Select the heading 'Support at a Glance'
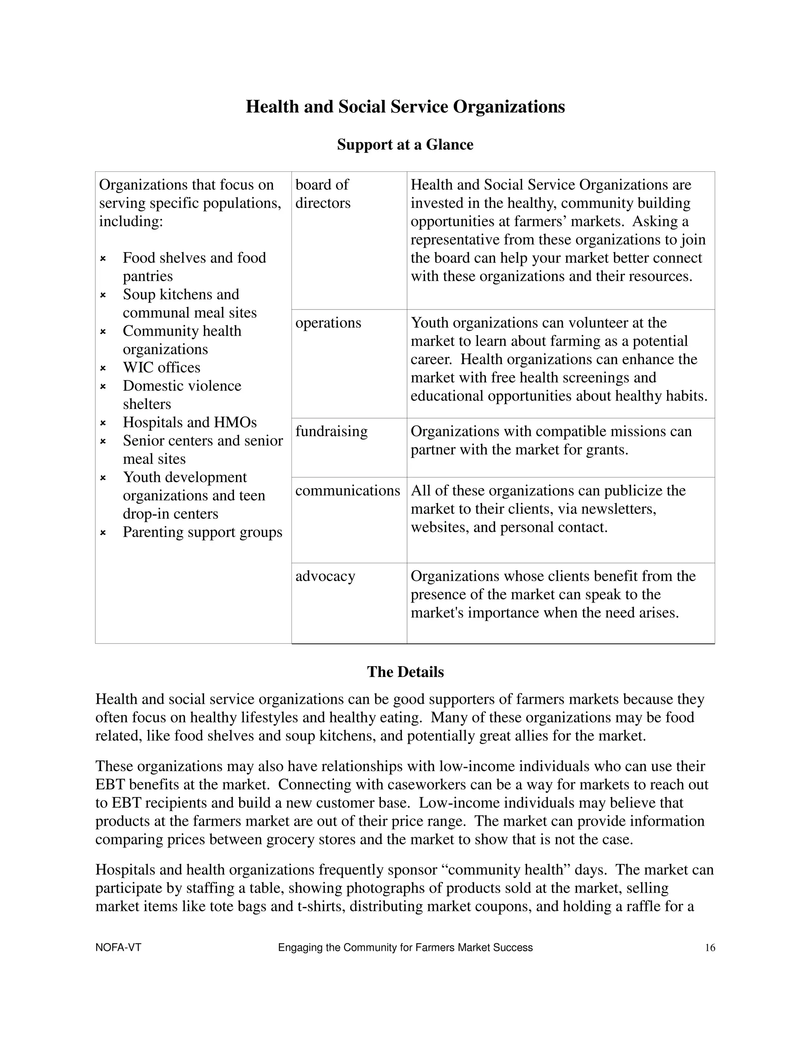405,144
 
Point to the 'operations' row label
328,323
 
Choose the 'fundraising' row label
331,431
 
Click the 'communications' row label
347,490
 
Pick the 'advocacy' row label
325,576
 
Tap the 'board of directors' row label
322,194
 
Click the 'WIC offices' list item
162,367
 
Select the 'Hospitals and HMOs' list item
190,422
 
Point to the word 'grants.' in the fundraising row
607,450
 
